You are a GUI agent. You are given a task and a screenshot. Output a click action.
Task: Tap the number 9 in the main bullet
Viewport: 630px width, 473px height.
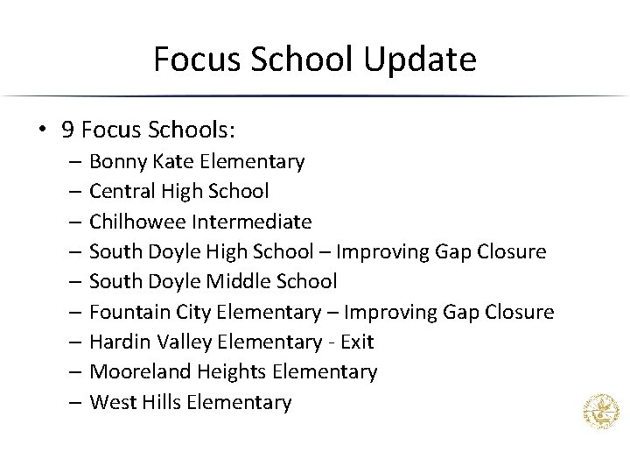(x=67, y=131)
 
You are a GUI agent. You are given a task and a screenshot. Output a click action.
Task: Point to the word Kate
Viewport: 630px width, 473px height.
(x=171, y=161)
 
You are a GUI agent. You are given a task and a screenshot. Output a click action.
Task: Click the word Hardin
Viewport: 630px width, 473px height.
(x=118, y=342)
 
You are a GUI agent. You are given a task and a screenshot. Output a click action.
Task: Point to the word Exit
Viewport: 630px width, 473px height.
(x=357, y=342)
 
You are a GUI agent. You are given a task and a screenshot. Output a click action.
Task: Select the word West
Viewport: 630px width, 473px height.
(x=110, y=402)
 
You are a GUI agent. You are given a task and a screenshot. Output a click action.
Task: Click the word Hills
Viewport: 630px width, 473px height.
(x=158, y=402)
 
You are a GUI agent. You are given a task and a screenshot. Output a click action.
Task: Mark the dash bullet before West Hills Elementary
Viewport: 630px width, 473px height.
(x=75, y=403)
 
